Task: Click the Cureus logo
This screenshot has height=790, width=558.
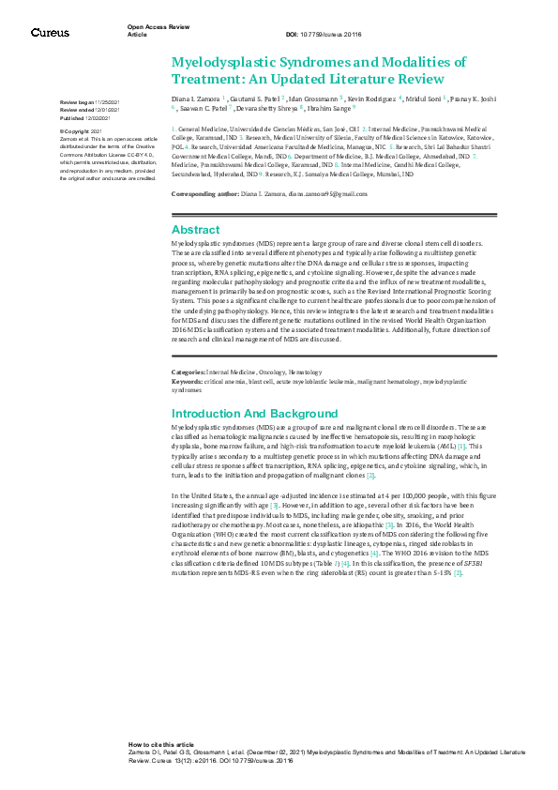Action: (50, 33)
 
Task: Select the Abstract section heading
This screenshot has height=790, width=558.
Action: (196, 229)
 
